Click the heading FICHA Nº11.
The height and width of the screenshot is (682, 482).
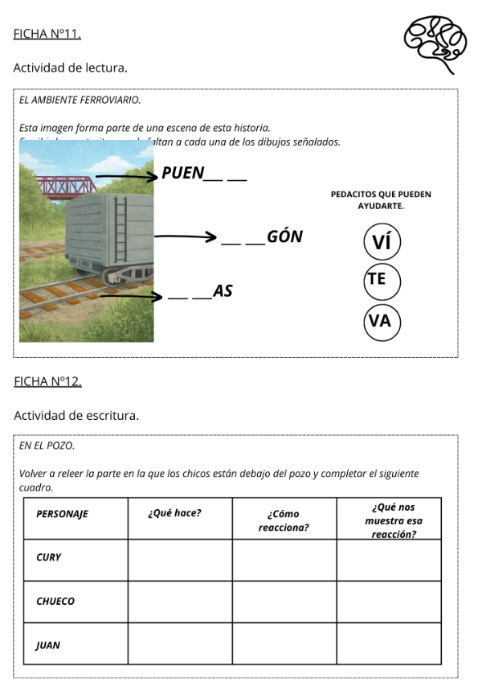point(47,34)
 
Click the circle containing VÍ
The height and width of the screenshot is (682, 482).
point(382,241)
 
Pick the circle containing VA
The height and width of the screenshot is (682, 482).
point(382,321)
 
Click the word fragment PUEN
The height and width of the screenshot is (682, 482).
point(183,173)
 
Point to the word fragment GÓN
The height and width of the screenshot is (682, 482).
point(285,236)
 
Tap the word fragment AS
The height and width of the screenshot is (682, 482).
point(223,291)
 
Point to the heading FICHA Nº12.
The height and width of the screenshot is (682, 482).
point(47,380)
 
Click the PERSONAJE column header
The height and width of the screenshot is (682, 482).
point(63,514)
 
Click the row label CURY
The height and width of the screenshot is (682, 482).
point(49,557)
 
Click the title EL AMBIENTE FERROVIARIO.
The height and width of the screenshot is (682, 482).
point(80,101)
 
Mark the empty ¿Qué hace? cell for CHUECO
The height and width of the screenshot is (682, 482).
point(180,601)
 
